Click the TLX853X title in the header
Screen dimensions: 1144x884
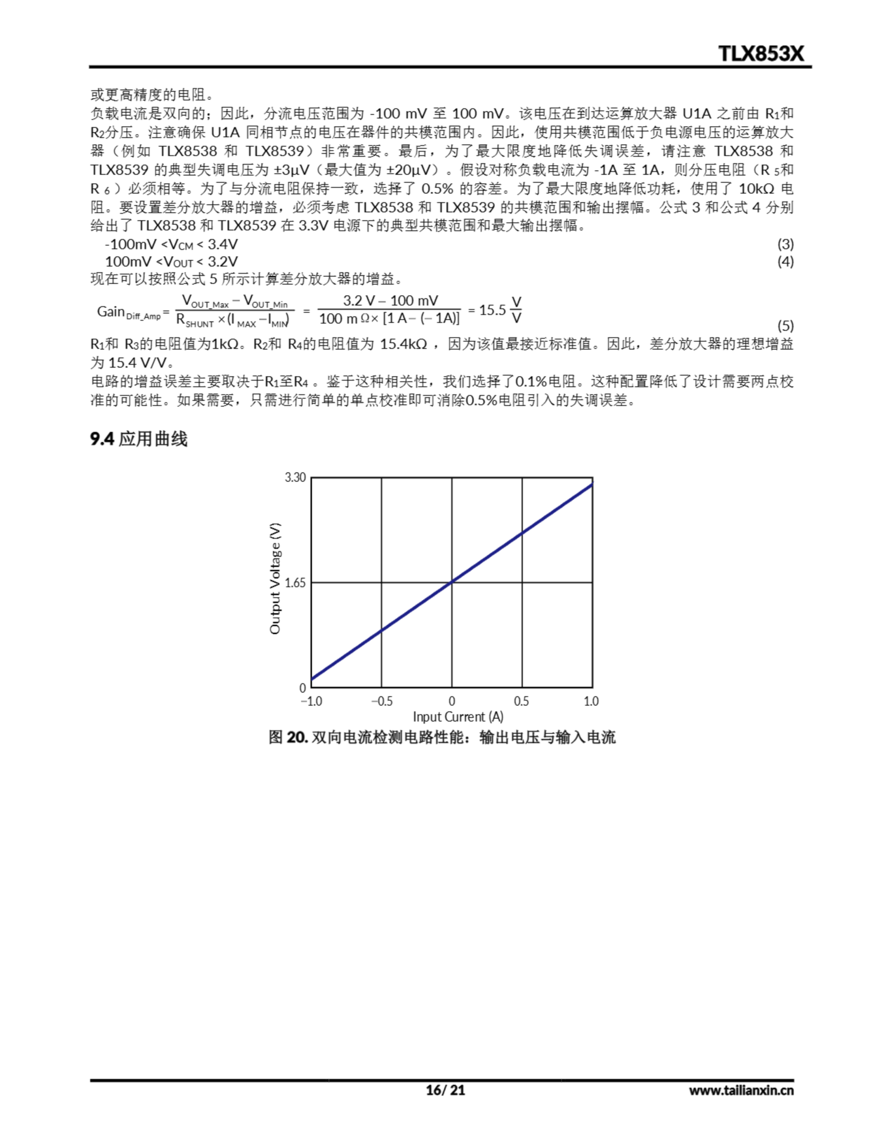pos(760,54)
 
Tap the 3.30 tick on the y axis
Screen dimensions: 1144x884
pos(295,477)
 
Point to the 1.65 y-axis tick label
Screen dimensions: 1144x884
pos(295,582)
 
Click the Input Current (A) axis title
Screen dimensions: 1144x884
pos(458,717)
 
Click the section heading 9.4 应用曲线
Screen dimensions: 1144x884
pos(139,439)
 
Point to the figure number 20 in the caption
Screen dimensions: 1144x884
pos(297,737)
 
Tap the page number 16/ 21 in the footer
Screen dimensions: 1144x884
pos(445,1090)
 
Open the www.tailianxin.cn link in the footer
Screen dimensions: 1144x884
pos(741,1090)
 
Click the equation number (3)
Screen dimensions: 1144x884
pos(785,244)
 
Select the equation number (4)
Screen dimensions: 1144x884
pos(785,261)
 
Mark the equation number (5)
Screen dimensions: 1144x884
pos(785,326)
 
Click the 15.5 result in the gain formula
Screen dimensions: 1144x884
pos(492,310)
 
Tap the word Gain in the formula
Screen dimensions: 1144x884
pos(110,311)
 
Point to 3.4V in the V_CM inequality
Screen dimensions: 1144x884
pos(223,244)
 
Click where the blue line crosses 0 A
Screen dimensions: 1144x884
pos(452,581)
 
